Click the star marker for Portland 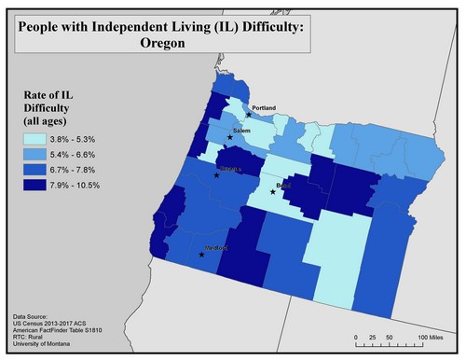248,115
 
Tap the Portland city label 265,109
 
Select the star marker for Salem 229,137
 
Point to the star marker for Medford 201,254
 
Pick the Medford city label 216,248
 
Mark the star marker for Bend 273,192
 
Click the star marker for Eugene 216,174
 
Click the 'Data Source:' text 34,317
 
